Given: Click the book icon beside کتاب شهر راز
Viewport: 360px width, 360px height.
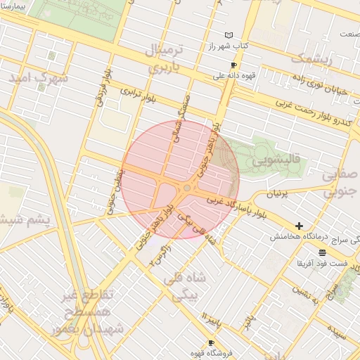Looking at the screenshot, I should pos(229,34).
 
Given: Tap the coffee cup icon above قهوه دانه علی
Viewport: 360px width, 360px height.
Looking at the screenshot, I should pos(233,65).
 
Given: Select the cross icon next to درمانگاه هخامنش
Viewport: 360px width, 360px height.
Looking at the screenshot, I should pos(300,226).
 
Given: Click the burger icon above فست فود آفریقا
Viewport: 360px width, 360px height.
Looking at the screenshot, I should pos(322,252).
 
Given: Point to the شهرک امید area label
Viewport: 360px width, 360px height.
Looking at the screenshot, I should pos(39,78).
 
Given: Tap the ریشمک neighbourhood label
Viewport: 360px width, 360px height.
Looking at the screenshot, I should pos(309,58).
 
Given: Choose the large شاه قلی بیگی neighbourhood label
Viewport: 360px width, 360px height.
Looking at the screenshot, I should pos(184,287).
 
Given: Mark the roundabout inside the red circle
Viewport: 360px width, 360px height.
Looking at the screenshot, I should pos(187,187).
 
